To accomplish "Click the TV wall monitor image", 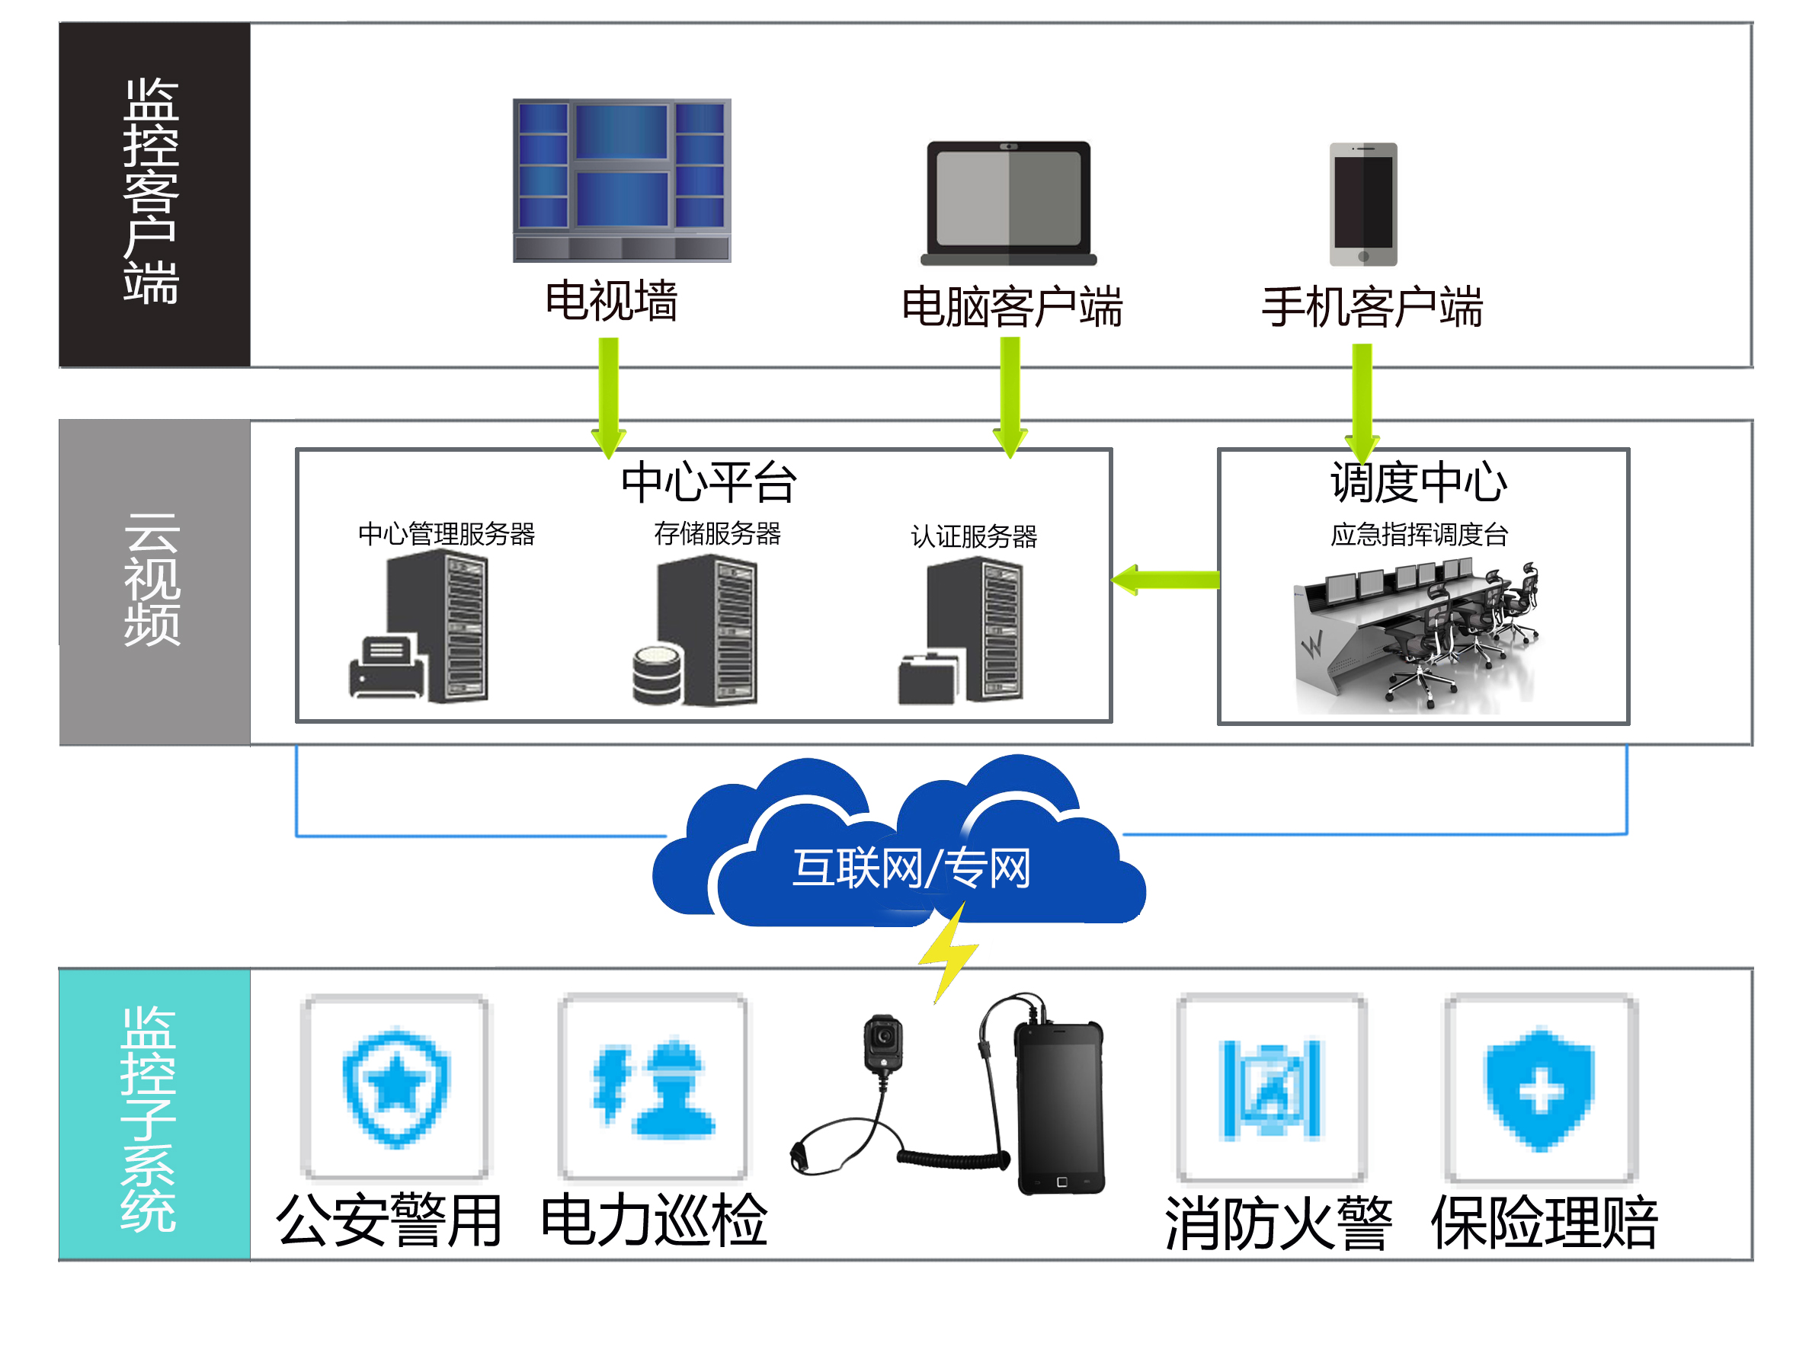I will point(622,180).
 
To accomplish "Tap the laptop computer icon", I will point(1008,203).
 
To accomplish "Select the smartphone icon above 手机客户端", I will point(1363,204).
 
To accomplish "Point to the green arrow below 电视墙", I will point(608,397).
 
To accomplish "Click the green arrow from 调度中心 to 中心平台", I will point(1165,580).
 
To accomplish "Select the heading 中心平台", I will point(708,481).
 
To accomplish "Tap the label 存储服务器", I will point(717,534).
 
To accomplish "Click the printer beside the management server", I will point(387,668).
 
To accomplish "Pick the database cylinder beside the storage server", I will point(658,673).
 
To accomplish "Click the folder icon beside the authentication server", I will point(927,679).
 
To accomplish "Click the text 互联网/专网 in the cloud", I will point(911,868).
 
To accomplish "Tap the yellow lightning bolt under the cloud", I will point(949,953).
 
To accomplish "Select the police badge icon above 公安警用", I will point(395,1087).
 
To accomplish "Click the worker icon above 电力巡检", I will point(654,1087).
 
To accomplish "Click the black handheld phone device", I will point(1059,1108).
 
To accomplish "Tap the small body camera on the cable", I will point(883,1042).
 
